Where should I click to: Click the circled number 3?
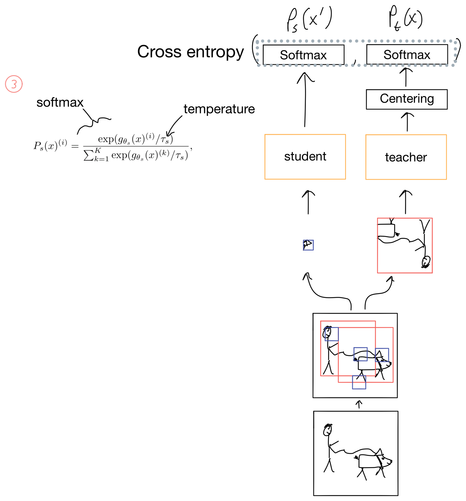pyautogui.click(x=14, y=84)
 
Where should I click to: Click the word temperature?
pyautogui.click(x=219, y=109)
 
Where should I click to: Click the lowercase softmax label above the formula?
pyautogui.click(x=60, y=103)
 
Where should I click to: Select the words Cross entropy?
pyautogui.click(x=190, y=52)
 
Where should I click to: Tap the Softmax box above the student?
pyautogui.click(x=303, y=55)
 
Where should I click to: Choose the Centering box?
pyautogui.click(x=407, y=99)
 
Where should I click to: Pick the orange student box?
pyautogui.click(x=305, y=157)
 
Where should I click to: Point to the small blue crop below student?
pyautogui.click(x=308, y=245)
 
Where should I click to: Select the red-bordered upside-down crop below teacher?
pyautogui.click(x=404, y=245)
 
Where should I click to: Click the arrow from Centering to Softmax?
pyautogui.click(x=406, y=77)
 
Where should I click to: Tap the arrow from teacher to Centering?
pyautogui.click(x=407, y=122)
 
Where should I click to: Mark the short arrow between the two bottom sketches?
pyautogui.click(x=359, y=404)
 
